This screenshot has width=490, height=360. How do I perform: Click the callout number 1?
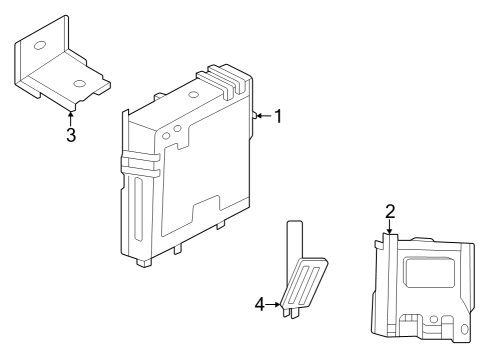(278, 117)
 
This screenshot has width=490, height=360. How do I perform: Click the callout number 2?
(390, 211)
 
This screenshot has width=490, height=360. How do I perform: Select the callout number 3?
(71, 135)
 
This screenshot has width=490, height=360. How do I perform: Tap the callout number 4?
(260, 303)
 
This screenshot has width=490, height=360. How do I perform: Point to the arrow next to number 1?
(263, 117)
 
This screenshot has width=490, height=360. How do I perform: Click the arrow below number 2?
(390, 228)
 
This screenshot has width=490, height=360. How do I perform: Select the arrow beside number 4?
(275, 303)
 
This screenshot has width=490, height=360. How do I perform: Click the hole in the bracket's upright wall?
(39, 46)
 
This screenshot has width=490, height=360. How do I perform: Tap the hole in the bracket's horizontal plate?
(79, 83)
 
